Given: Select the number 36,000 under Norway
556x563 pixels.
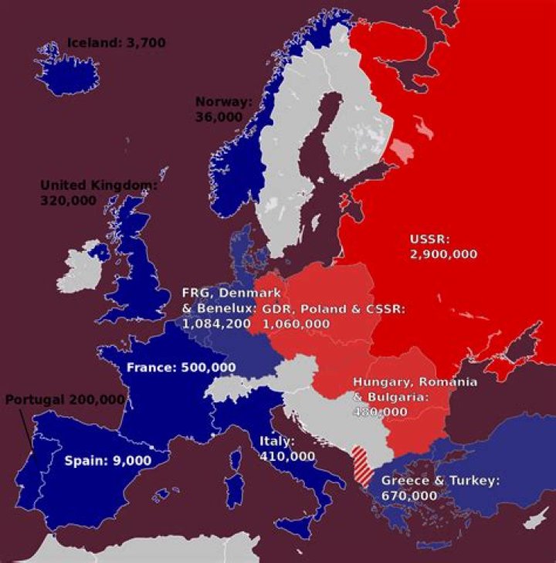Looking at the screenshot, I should coord(219,117).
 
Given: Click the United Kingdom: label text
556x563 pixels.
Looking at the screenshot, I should coord(98,185).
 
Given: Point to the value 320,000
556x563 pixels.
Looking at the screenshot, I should coord(68,200).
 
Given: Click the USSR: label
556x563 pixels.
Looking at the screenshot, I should coord(429,238).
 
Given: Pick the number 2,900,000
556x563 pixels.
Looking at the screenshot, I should coord(443,253).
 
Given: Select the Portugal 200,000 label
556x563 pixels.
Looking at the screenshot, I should coord(65,399).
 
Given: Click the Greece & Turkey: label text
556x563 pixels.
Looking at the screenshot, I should coord(440,480).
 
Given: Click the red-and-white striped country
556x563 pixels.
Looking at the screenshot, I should coord(360,465).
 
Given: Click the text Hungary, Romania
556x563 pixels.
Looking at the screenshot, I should coord(415,382).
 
